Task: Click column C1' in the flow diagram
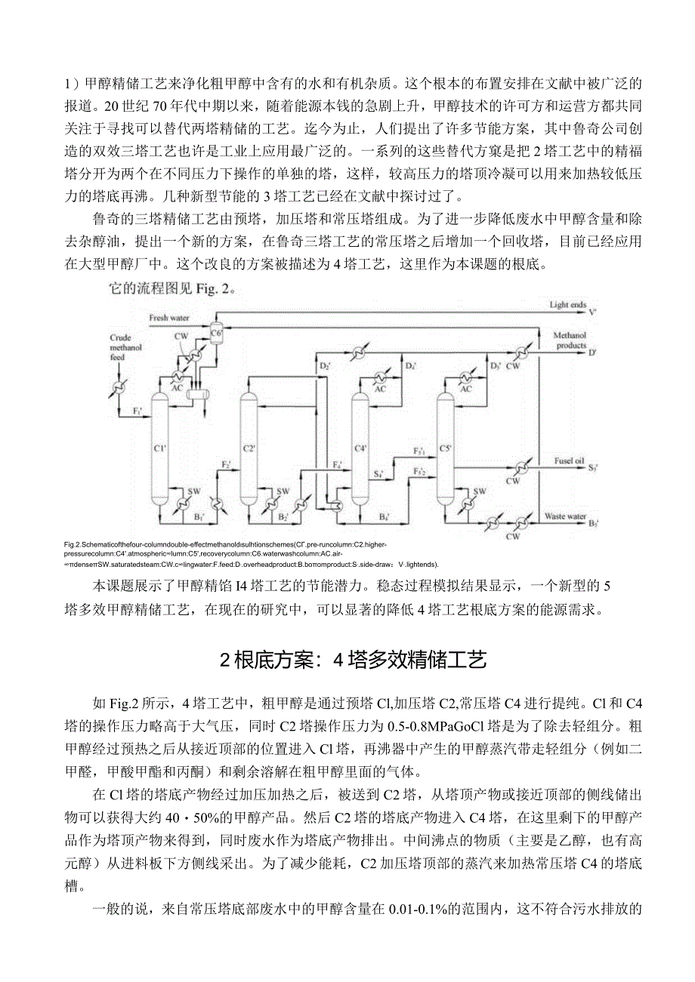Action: click(159, 449)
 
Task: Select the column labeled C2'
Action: click(249, 449)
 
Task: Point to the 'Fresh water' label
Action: click(169, 318)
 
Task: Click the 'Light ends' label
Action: click(568, 305)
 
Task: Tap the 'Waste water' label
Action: click(566, 517)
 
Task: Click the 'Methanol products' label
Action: click(570, 340)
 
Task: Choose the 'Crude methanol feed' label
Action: click(122, 346)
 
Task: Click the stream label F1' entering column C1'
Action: click(137, 411)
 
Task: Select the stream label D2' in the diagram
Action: click(325, 366)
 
